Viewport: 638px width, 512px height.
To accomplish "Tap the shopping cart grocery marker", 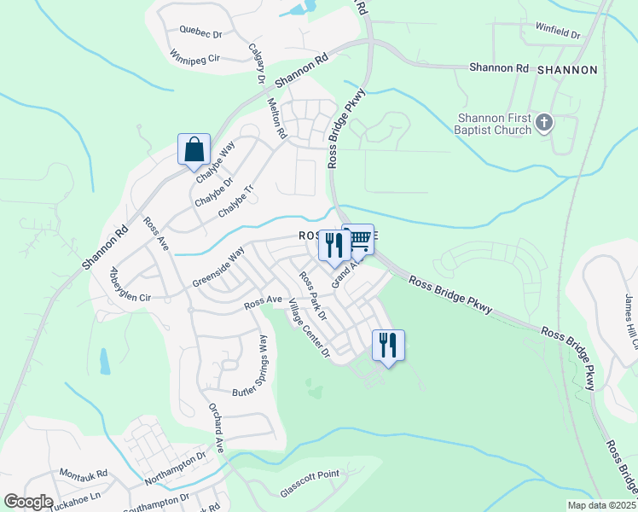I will pyautogui.click(x=360, y=239).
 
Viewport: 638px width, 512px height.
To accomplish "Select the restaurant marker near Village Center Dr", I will pyautogui.click(x=388, y=345).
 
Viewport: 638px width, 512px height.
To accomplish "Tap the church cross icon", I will pyautogui.click(x=545, y=125).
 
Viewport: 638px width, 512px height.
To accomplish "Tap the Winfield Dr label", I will pyautogui.click(x=558, y=33).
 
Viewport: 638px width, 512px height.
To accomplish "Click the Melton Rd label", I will pyautogui.click(x=278, y=118).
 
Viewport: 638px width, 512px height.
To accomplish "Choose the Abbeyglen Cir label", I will pyautogui.click(x=130, y=286).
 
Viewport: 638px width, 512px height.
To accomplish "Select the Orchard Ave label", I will pyautogui.click(x=217, y=427).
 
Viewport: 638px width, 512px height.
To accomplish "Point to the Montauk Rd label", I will pyautogui.click(x=84, y=474).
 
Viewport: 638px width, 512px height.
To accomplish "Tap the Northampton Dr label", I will pyautogui.click(x=177, y=468).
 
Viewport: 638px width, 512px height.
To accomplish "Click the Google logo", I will pyautogui.click(x=29, y=502).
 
